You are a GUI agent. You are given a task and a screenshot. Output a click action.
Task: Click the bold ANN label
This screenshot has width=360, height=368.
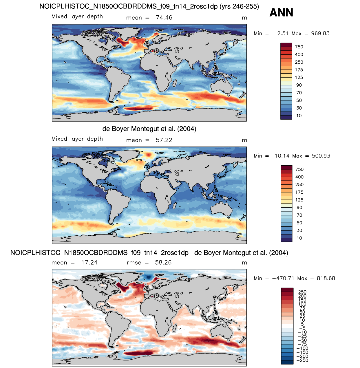pos(281,12)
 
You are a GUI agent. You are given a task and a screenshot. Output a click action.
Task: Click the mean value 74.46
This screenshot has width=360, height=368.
pos(164,18)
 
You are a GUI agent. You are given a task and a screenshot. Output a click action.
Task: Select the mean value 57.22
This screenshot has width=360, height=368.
pos(164,140)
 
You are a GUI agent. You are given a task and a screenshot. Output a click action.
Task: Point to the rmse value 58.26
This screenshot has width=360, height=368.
pos(163,262)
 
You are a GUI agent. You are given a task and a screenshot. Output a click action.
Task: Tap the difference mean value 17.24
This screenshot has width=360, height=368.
pos(89,262)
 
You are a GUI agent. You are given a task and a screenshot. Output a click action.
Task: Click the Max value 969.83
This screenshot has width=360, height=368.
pos(320,33)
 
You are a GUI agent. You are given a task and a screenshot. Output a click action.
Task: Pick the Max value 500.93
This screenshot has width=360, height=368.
pos(321,156)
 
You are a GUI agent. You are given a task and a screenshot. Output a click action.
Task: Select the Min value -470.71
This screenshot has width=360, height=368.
pos(283,278)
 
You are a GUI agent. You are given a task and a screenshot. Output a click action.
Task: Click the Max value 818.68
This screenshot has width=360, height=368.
pos(326,278)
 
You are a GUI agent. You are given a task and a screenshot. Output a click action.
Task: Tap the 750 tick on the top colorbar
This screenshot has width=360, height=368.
pos(299,47)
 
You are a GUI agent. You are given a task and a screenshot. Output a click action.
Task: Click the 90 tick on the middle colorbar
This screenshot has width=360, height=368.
pos(299,207)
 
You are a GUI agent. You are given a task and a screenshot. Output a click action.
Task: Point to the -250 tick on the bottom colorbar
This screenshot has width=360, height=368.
pos(303,360)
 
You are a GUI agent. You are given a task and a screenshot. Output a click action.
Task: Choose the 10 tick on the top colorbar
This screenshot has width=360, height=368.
pos(299,116)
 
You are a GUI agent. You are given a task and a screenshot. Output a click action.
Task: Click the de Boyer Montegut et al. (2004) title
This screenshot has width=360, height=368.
pos(149,129)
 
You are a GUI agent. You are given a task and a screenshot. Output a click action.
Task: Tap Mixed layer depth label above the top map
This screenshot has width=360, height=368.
pos(77,17)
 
